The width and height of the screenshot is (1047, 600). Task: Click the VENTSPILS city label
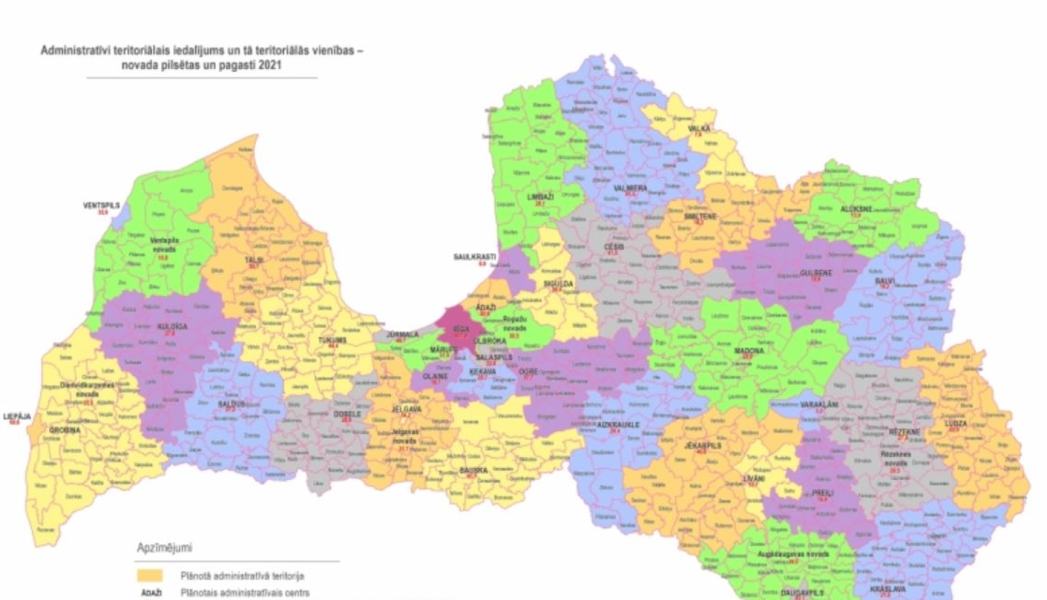[101, 206]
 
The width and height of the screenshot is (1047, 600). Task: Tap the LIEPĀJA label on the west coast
[17, 417]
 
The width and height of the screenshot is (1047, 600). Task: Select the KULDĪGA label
[172, 327]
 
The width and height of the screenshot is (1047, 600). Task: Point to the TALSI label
[253, 260]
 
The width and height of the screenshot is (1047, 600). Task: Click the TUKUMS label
[332, 340]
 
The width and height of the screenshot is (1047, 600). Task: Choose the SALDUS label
[232, 405]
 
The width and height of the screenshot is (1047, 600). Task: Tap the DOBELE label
[348, 414]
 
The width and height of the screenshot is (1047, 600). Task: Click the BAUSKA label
[473, 470]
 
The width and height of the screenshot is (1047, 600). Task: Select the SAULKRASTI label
[475, 257]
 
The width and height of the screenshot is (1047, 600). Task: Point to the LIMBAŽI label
[540, 197]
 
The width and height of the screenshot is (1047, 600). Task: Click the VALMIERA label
[630, 188]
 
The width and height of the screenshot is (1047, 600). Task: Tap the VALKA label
[699, 129]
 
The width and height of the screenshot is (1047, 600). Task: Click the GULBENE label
[816, 273]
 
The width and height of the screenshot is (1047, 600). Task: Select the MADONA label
[748, 351]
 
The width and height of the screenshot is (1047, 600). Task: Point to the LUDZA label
[956, 423]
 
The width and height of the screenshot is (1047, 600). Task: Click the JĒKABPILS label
[703, 445]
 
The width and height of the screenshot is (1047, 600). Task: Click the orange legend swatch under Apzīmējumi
[149, 576]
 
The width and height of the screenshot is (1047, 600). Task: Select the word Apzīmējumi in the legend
[164, 548]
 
